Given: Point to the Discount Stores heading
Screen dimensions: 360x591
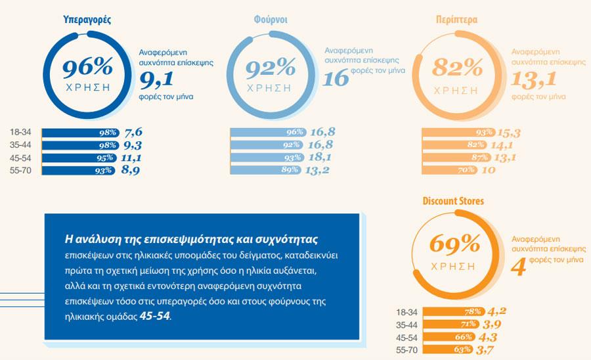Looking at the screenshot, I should coord(454,201).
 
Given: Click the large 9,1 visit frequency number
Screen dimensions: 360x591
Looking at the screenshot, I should coord(156,79).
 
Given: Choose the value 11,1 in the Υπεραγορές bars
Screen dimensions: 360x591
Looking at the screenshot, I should coord(131,158).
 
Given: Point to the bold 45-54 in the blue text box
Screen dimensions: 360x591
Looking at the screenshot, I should coord(154,315).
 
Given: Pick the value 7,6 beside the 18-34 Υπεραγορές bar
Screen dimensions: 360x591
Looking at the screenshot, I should coord(133,132).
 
